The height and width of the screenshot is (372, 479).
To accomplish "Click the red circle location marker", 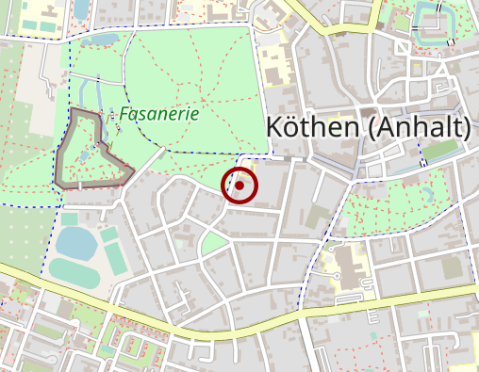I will point(239,186).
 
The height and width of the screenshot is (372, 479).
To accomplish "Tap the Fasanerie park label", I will point(158,113).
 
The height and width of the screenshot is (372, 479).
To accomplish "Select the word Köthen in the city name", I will point(311,126).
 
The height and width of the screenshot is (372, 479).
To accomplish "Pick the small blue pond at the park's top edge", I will point(99,40).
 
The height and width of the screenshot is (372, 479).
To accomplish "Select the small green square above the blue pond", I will point(72,218).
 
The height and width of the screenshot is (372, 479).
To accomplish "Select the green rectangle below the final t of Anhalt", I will point(439,151).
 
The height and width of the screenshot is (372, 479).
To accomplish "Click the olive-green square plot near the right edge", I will point(453,267).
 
